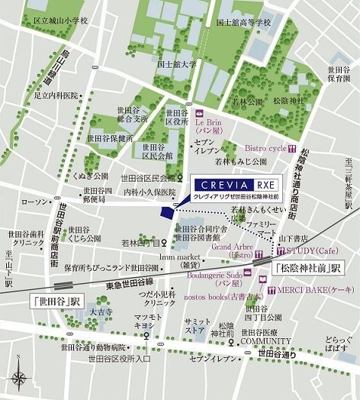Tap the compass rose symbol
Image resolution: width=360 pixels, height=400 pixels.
pyautogui.click(x=18, y=376)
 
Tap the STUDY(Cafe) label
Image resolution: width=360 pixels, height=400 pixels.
pyautogui.click(x=314, y=250)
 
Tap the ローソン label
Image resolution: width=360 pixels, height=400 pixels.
pyautogui.click(x=35, y=202)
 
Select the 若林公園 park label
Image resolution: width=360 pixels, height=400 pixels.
pyautogui.click(x=248, y=101)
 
